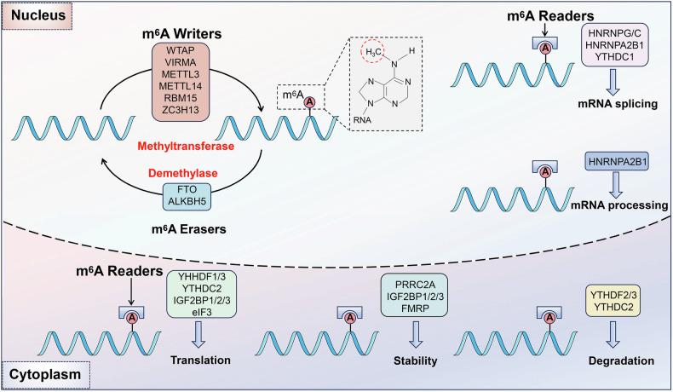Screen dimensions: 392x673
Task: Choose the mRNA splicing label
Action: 615,109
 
